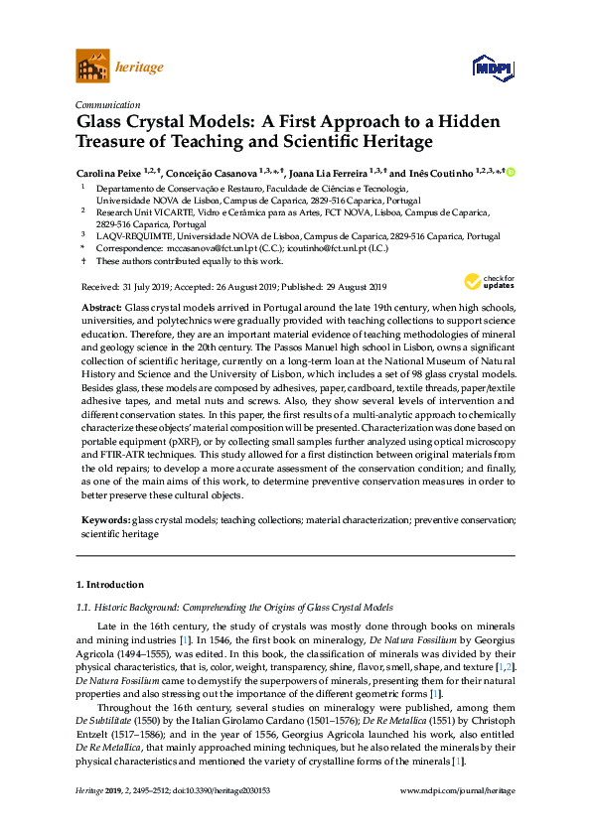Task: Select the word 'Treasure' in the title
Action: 116,142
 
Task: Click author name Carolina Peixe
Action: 109,173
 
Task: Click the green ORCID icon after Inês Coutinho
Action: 511,173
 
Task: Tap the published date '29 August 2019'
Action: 358,285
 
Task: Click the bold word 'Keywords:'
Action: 105,519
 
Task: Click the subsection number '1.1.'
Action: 84,607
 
